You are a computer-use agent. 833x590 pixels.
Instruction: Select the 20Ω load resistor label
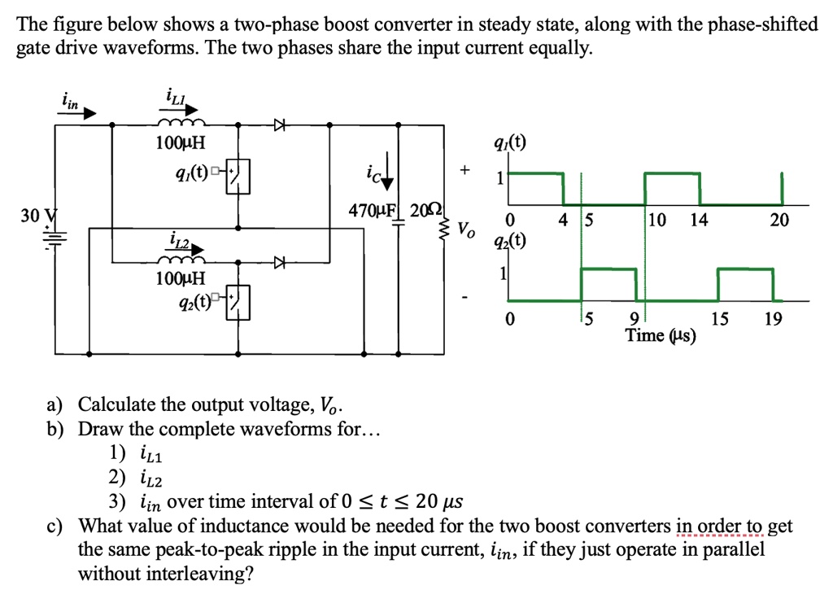click(425, 210)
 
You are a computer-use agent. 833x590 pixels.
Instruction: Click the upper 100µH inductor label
click(181, 144)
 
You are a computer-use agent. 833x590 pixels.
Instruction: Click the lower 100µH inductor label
click(181, 278)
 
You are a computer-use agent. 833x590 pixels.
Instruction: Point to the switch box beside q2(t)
click(238, 303)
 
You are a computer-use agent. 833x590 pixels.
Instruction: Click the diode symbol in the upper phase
click(281, 125)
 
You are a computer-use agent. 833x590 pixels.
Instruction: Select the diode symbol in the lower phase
click(281, 262)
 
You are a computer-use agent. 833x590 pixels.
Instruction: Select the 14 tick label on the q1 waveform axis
click(698, 220)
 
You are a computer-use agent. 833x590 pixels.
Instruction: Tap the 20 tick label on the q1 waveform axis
click(780, 220)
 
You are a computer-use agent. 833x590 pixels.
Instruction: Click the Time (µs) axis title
click(661, 334)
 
